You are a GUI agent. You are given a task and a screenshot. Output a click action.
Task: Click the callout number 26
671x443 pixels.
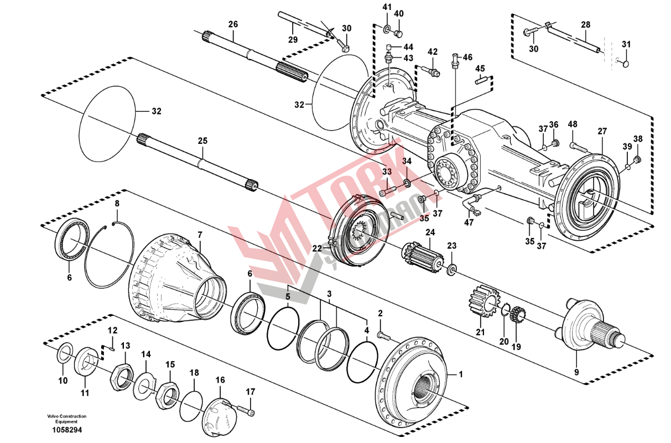(233, 24)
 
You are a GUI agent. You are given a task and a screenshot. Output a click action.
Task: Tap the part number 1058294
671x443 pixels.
(67, 430)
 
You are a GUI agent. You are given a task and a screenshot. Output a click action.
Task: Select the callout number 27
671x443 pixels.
(602, 131)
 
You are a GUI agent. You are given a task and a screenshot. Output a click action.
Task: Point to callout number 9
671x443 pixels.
(576, 372)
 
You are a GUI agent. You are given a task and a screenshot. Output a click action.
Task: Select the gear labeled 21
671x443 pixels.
(483, 300)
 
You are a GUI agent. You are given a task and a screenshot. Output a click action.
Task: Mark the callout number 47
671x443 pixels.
(469, 222)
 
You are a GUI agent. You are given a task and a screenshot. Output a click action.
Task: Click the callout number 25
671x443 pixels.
(202, 141)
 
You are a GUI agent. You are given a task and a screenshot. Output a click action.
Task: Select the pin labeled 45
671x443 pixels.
(481, 81)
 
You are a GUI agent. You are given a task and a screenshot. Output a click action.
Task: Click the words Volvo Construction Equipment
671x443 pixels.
(66, 419)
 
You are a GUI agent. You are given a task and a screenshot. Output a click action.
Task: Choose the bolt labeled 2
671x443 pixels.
(384, 336)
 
